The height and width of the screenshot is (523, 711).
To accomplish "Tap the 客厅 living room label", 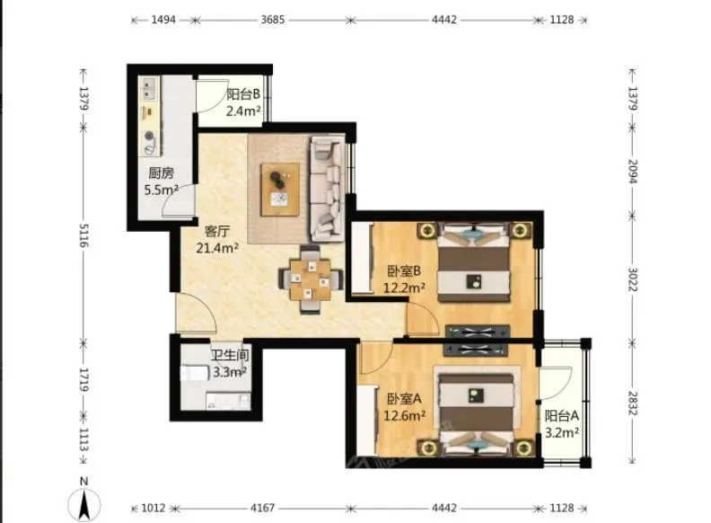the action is click(x=217, y=232).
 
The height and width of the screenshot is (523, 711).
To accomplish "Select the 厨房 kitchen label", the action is click(x=161, y=173).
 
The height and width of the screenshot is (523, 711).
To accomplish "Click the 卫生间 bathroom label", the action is click(x=230, y=355).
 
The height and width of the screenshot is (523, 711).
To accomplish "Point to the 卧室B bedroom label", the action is click(x=404, y=271).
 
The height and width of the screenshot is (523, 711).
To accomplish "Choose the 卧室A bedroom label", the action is click(x=404, y=399).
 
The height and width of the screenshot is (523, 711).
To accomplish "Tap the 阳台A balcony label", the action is click(x=561, y=415).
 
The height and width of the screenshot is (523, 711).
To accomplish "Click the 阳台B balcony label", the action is click(x=243, y=94).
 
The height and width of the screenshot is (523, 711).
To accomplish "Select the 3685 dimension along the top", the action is click(x=273, y=20).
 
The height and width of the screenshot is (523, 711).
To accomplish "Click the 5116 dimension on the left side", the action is click(x=83, y=235).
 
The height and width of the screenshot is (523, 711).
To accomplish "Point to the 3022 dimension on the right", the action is click(x=633, y=279).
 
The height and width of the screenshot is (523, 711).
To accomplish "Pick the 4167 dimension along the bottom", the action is click(x=262, y=508).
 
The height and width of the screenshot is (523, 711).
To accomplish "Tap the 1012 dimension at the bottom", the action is click(x=154, y=508).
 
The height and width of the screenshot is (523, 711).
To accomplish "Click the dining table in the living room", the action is click(x=310, y=279).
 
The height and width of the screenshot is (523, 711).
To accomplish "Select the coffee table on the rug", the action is click(x=280, y=190).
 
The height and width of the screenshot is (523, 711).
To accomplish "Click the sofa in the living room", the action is click(x=327, y=189).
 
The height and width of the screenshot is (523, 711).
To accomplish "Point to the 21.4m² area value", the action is click(x=217, y=248).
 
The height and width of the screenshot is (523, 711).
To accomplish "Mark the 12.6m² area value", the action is click(x=405, y=415).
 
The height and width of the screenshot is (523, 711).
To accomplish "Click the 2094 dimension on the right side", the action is click(x=633, y=172).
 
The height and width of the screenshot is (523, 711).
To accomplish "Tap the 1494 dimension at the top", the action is click(x=163, y=20).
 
